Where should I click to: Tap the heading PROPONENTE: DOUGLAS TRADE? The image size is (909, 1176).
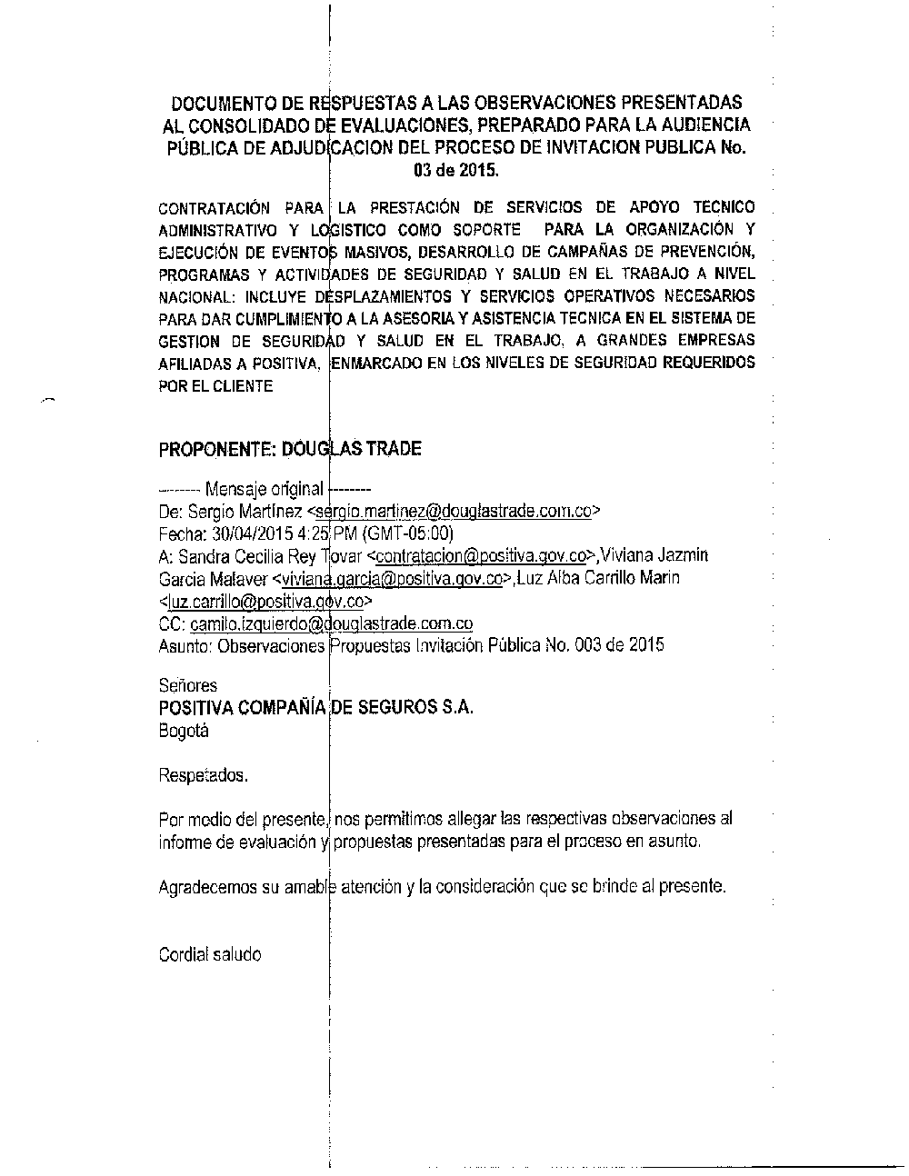289,449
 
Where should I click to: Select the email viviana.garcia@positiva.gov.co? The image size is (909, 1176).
393,578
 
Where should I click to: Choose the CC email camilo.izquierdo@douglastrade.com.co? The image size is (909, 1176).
332,623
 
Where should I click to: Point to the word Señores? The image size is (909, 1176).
187,686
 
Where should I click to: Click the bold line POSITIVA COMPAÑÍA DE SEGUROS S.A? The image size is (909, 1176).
315,708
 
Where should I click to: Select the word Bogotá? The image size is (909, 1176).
183,731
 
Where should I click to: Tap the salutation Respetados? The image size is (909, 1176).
203,775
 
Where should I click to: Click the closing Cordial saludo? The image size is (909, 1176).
209,954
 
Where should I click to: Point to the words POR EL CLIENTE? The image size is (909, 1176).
215,385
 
